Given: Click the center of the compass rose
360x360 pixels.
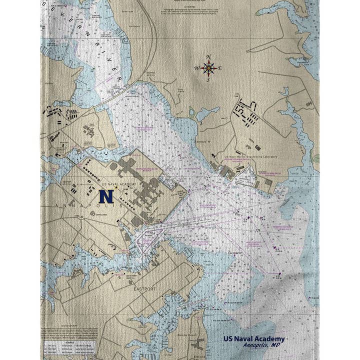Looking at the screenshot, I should [209, 68].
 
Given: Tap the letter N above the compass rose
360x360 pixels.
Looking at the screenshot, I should [209, 56].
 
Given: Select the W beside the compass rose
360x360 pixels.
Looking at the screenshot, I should [197, 68].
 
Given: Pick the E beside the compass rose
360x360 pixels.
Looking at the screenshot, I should [220, 68].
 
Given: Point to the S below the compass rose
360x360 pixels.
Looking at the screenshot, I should [208, 79].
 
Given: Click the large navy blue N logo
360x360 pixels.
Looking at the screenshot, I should [106, 196].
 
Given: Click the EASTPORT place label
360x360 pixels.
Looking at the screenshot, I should [143, 288].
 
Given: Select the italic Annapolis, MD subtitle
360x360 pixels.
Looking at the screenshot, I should [263, 346].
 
